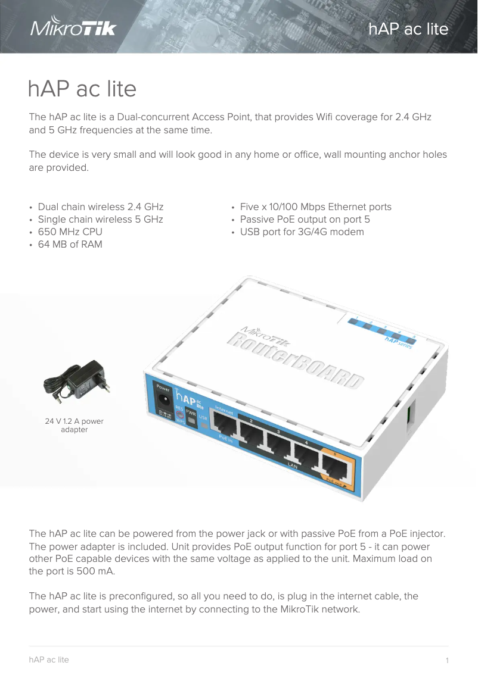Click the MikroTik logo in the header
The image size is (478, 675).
73,28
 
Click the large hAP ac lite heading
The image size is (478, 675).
82,89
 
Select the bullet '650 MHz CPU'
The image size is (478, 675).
70,232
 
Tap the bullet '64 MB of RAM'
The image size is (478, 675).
70,244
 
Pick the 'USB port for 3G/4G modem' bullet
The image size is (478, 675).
302,232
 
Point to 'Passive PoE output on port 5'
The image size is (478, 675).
305,219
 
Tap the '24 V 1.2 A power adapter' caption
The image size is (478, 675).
75,425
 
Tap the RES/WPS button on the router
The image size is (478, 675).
179,412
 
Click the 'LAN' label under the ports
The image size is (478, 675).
293,465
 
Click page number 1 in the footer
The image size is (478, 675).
446,660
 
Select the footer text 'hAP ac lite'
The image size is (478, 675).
49,660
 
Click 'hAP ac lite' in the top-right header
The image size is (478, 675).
408,29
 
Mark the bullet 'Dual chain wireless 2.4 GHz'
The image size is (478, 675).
100,207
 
